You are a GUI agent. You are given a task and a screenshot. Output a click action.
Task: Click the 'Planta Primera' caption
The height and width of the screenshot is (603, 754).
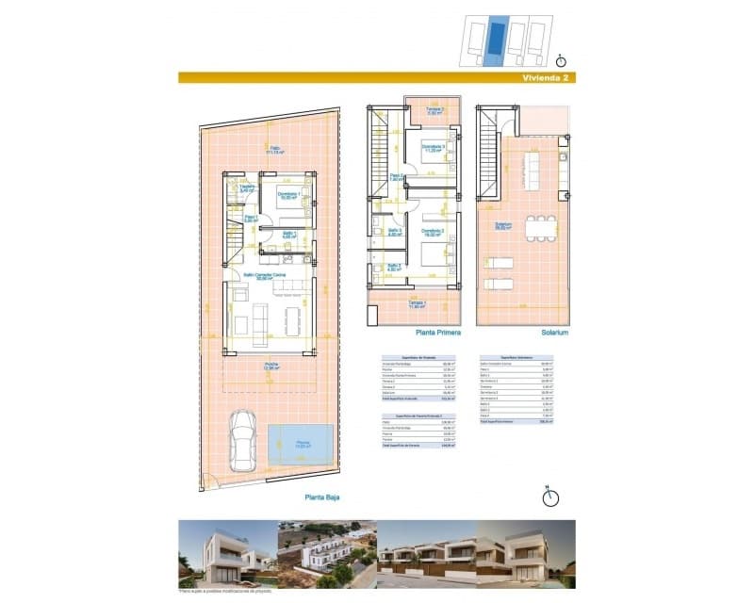pos(436,333)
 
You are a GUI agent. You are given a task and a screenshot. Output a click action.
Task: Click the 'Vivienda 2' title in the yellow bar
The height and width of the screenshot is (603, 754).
pos(544,78)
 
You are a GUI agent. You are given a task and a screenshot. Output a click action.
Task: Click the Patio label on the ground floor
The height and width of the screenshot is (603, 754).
pos(275,149)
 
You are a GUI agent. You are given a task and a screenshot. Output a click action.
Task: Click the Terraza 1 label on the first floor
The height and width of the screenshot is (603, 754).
pos(418,304)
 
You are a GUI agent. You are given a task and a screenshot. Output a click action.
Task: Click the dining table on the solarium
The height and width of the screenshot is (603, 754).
pos(542,228)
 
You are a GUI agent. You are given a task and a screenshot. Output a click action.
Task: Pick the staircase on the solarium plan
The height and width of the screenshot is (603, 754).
pos(487,160)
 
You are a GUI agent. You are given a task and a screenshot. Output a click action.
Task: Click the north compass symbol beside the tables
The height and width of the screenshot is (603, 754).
pos(550,496)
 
